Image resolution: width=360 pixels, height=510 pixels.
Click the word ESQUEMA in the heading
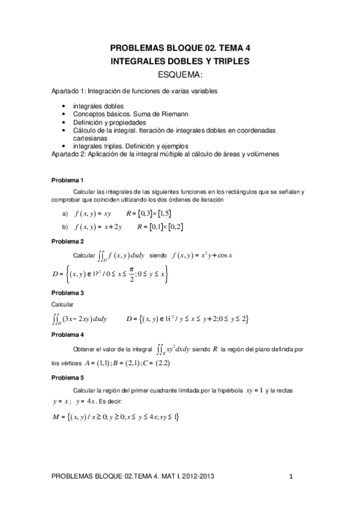[179, 75]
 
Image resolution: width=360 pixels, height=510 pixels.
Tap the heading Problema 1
[67, 180]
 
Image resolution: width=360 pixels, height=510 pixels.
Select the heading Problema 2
[67, 241]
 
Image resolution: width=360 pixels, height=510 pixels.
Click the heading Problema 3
[67, 293]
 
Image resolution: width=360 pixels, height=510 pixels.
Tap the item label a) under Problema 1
[65, 214]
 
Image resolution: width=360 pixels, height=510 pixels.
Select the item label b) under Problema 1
[65, 227]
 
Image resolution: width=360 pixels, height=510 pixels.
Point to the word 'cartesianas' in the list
[88, 137]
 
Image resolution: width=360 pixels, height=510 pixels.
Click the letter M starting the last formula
[56, 417]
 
